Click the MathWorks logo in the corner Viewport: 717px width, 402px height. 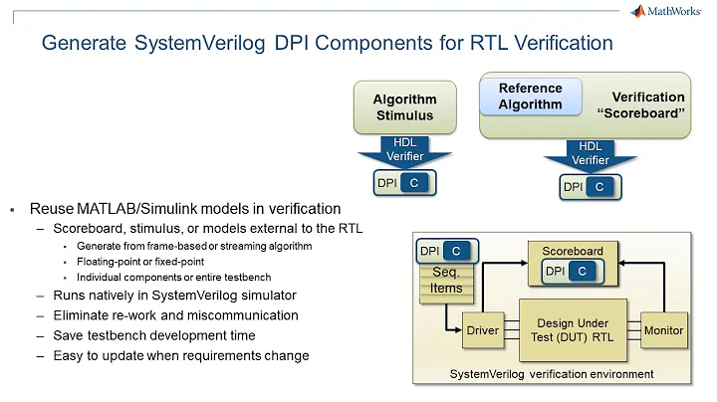[x=671, y=12]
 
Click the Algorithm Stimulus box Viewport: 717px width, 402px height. [x=403, y=107]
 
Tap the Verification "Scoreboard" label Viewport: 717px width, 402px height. [x=647, y=104]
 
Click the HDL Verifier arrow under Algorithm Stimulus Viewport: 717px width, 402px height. [x=404, y=152]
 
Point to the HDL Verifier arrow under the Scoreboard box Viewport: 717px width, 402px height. [x=591, y=154]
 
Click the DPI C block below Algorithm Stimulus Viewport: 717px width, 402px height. [x=404, y=184]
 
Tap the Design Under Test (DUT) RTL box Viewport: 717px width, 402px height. [x=573, y=330]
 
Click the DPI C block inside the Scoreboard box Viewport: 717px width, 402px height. [x=572, y=271]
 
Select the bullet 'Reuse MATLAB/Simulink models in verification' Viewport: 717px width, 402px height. [x=185, y=209]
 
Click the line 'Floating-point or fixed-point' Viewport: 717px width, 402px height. [x=140, y=262]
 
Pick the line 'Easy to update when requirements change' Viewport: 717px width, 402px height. [x=173, y=355]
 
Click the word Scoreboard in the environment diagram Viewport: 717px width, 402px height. [x=572, y=251]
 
